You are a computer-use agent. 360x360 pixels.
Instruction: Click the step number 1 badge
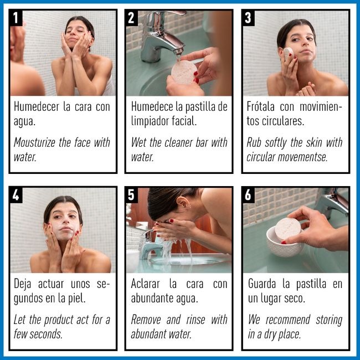16,18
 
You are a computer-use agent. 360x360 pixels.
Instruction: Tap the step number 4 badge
16,195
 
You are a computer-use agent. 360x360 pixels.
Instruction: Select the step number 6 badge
248,195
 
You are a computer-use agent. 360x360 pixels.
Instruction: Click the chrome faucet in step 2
161,36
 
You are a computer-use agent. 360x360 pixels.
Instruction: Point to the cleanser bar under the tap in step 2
184,72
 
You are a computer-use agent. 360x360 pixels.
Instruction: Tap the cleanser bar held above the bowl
287,230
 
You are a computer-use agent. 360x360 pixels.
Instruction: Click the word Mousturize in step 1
34,142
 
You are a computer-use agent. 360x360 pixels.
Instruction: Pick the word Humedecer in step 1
37,107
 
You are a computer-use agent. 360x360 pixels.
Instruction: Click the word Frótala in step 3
260,106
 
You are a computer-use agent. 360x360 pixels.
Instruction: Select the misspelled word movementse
302,157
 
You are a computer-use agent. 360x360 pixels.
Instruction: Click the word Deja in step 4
22,284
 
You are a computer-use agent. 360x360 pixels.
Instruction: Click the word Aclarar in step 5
145,284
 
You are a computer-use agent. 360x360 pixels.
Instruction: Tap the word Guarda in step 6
262,284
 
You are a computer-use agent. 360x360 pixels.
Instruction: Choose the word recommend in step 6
287,320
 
